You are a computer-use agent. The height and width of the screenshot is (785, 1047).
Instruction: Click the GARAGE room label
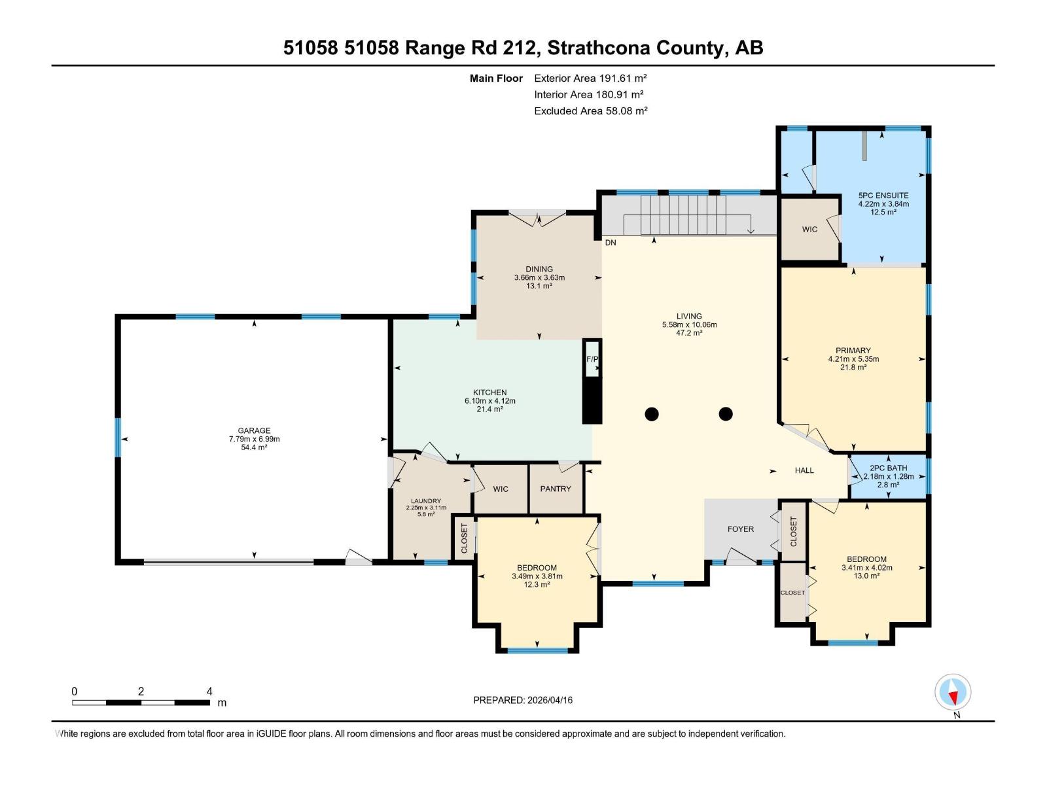(254, 430)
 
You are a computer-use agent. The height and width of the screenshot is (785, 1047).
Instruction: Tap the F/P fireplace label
(592, 359)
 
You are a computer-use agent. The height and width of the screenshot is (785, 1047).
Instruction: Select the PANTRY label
(556, 489)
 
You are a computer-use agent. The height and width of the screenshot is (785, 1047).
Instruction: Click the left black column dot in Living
(652, 413)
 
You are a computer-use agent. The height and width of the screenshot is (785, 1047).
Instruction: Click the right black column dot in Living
(725, 413)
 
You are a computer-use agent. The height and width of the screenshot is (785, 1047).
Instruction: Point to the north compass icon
(953, 692)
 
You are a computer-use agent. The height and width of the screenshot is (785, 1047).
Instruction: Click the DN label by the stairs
(611, 243)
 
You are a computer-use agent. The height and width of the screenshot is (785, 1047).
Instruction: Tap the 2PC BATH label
(888, 468)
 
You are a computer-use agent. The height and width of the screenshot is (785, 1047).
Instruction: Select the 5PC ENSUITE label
(883, 196)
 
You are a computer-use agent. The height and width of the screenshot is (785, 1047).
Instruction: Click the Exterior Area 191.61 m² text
(590, 78)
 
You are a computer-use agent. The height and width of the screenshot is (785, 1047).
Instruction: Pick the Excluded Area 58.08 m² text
(590, 111)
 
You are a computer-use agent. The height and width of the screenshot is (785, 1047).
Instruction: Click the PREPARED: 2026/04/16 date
(523, 700)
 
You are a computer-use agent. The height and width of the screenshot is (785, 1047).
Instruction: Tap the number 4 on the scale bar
(209, 691)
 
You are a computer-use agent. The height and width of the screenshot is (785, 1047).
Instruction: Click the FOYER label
(741, 529)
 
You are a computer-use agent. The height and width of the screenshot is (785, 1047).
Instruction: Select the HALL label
(804, 470)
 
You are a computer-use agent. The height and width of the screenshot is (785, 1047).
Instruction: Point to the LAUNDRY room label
(426, 501)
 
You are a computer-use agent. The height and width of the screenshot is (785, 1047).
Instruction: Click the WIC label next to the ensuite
(809, 230)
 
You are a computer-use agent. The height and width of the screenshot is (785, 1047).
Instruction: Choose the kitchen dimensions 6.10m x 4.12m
(490, 401)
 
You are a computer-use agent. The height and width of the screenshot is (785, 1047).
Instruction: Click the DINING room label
(539, 269)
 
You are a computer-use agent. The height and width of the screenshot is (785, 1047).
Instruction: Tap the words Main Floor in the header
(496, 78)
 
